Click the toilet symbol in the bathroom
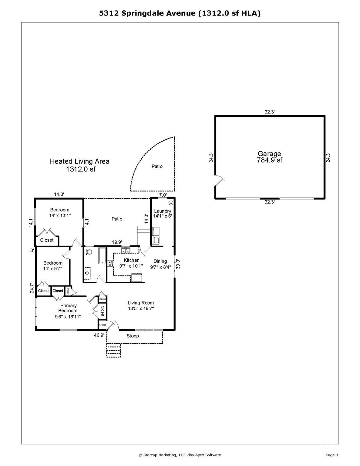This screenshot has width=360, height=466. (88, 252)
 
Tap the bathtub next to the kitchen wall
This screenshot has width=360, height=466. (102, 256)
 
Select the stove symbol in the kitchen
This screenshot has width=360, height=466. (111, 263)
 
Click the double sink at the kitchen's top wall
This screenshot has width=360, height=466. (126, 251)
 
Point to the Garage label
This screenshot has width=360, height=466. (269, 154)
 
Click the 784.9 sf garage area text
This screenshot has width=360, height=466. (269, 160)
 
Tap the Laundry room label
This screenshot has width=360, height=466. (163, 211)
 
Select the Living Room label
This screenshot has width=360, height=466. (141, 303)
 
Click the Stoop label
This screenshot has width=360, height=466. (133, 336)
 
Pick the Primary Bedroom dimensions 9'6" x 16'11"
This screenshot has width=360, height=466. (68, 316)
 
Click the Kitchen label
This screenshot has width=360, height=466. (132, 260)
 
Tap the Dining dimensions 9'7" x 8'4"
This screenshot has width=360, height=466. (161, 267)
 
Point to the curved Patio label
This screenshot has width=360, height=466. (157, 166)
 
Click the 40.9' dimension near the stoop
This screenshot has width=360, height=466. (99, 335)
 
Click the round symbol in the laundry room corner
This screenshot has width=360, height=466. (170, 203)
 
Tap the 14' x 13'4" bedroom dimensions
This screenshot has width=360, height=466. (60, 216)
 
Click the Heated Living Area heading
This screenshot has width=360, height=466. (79, 161)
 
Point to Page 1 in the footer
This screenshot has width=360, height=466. (332, 455)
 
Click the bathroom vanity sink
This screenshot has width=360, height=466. (88, 272)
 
